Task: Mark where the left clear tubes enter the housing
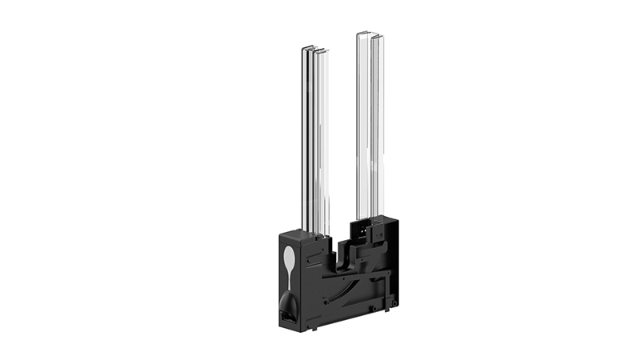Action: pos(315,232)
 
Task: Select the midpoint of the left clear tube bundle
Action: pos(314,140)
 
